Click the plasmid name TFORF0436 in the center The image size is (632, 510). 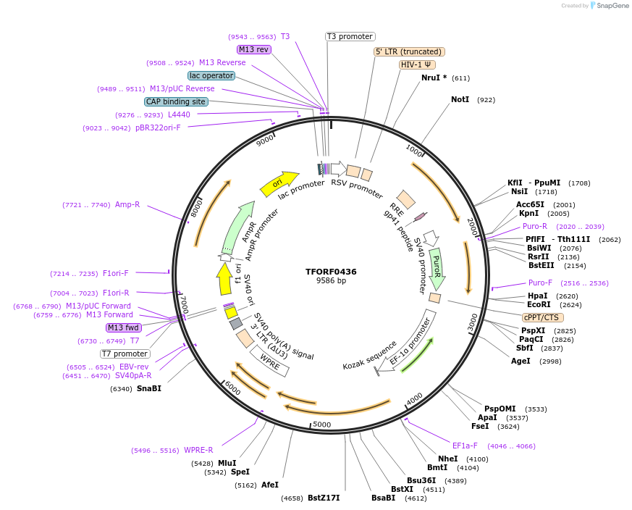point(331,272)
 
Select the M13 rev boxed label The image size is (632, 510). point(253,49)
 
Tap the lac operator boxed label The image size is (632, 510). point(211,75)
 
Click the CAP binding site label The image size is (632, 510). point(176,101)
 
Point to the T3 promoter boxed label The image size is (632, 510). point(350,36)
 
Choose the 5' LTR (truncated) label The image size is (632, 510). point(408,51)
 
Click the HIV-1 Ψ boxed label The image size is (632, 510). point(417,64)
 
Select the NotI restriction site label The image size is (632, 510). point(460,99)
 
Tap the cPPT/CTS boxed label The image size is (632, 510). point(542,317)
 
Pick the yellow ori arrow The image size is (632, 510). point(279,183)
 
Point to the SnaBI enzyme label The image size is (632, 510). point(148,388)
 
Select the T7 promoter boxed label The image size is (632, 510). point(125,354)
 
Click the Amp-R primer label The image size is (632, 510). point(127,205)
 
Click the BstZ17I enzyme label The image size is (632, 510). point(323,498)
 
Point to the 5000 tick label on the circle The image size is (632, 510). point(321,425)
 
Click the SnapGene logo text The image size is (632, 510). point(612,6)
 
